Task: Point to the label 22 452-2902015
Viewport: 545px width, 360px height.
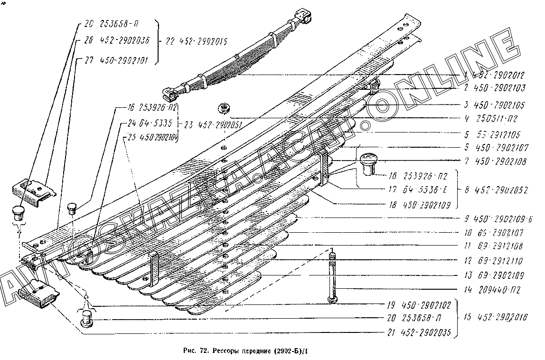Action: (x=196, y=41)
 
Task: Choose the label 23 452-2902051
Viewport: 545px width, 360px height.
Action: (x=212, y=125)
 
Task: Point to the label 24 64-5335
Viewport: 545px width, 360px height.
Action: (x=144, y=123)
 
